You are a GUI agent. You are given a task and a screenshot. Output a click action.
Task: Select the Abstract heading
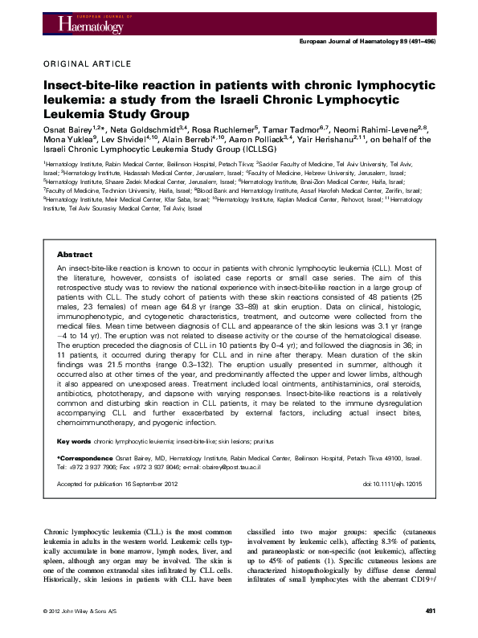75,232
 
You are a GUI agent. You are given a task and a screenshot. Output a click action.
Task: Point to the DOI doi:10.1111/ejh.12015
392,485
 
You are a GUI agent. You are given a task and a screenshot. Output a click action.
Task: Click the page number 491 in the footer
429,612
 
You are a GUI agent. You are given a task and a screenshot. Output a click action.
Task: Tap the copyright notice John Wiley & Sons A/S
89,612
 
